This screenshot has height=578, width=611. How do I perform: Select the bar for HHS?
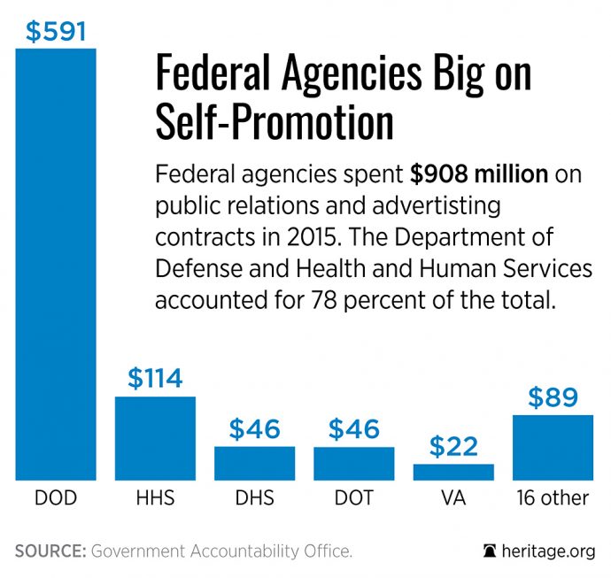click(155, 437)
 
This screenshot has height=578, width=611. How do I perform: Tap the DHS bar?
click(254, 462)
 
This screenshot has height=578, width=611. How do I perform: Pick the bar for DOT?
click(353, 462)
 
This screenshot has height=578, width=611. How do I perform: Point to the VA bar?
click(452, 471)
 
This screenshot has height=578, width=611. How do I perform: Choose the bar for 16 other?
click(553, 447)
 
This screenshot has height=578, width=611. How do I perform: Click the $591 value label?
click(56, 31)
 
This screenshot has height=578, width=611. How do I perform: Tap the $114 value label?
click(155, 379)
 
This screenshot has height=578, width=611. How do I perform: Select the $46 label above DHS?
click(254, 429)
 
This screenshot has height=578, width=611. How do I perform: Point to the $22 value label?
click(452, 446)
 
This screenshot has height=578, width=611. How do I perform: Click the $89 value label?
click(553, 397)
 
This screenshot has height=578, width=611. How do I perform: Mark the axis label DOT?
click(353, 497)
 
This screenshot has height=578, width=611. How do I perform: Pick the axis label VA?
click(452, 497)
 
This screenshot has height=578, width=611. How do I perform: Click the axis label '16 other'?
click(553, 497)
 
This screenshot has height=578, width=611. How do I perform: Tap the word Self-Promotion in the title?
click(275, 123)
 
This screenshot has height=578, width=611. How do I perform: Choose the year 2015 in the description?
click(276, 237)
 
